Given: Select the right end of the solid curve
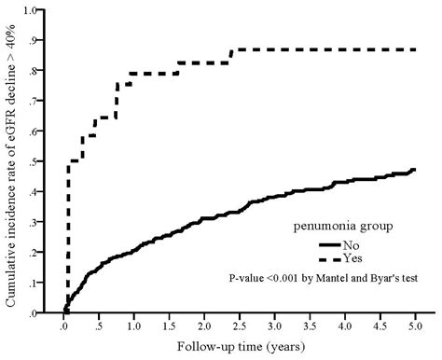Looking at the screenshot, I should (x=414, y=171).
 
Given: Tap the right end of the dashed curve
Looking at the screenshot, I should (x=414, y=48).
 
